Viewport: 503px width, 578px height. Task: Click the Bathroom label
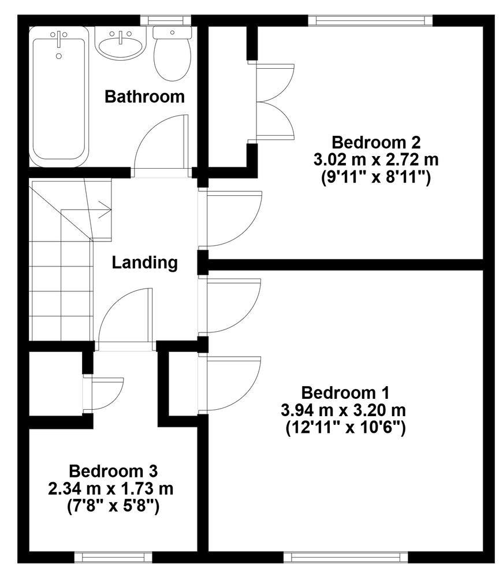pos(144,97)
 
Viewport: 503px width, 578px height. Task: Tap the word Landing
pos(145,263)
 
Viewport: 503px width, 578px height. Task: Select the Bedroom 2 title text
pos(376,142)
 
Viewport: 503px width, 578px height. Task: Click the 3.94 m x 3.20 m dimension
pos(343,410)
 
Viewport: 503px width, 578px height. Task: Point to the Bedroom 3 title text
pos(113,471)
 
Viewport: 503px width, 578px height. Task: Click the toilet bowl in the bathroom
pos(172,59)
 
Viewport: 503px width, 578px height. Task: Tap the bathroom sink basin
pos(121,47)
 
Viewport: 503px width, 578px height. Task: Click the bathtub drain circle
pos(59,56)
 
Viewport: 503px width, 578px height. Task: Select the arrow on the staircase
pos(105,211)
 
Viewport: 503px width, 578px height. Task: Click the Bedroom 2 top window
pos(370,20)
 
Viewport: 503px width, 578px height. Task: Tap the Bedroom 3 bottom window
pos(113,557)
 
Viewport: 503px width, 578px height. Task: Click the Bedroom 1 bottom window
pos(346,557)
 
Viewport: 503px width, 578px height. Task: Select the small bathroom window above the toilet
pos(166,20)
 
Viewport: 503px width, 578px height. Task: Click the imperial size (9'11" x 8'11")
pos(376,178)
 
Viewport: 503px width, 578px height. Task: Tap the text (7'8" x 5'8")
pos(113,507)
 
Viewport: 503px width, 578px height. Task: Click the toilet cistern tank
pos(172,32)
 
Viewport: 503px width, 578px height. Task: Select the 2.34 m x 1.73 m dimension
pos(111,489)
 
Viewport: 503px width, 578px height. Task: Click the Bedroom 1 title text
pos(345,393)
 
